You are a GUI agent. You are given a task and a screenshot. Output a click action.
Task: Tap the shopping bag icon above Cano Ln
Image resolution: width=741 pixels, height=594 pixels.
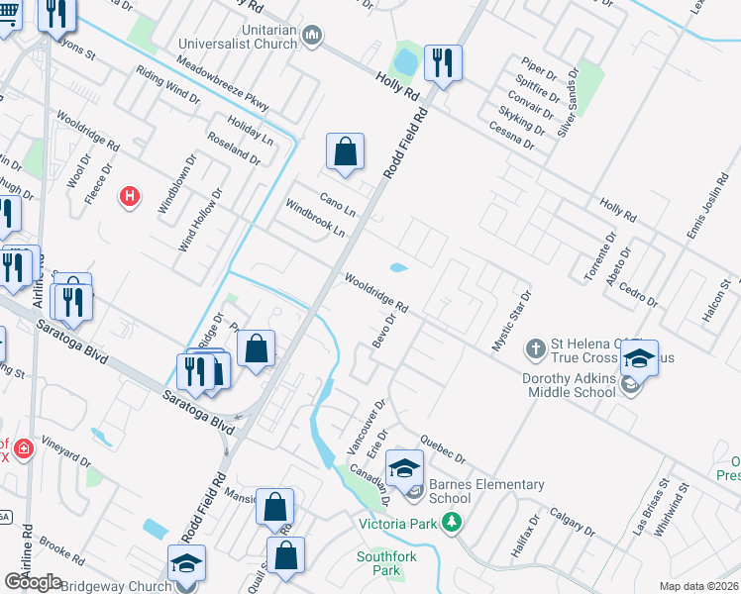(345, 152)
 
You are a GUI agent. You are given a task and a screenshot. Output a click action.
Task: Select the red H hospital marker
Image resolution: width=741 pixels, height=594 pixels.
(129, 197)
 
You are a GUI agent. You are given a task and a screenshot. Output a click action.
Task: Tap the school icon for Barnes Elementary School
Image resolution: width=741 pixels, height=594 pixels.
(404, 467)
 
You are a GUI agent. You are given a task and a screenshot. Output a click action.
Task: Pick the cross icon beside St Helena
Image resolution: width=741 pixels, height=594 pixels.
(535, 347)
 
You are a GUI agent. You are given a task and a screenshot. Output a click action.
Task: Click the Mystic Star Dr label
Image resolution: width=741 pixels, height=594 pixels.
(513, 321)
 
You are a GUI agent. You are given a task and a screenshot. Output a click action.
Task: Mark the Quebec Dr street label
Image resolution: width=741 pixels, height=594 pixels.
(442, 446)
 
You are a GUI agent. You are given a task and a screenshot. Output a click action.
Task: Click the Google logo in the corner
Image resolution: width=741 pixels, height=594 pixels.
(33, 582)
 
